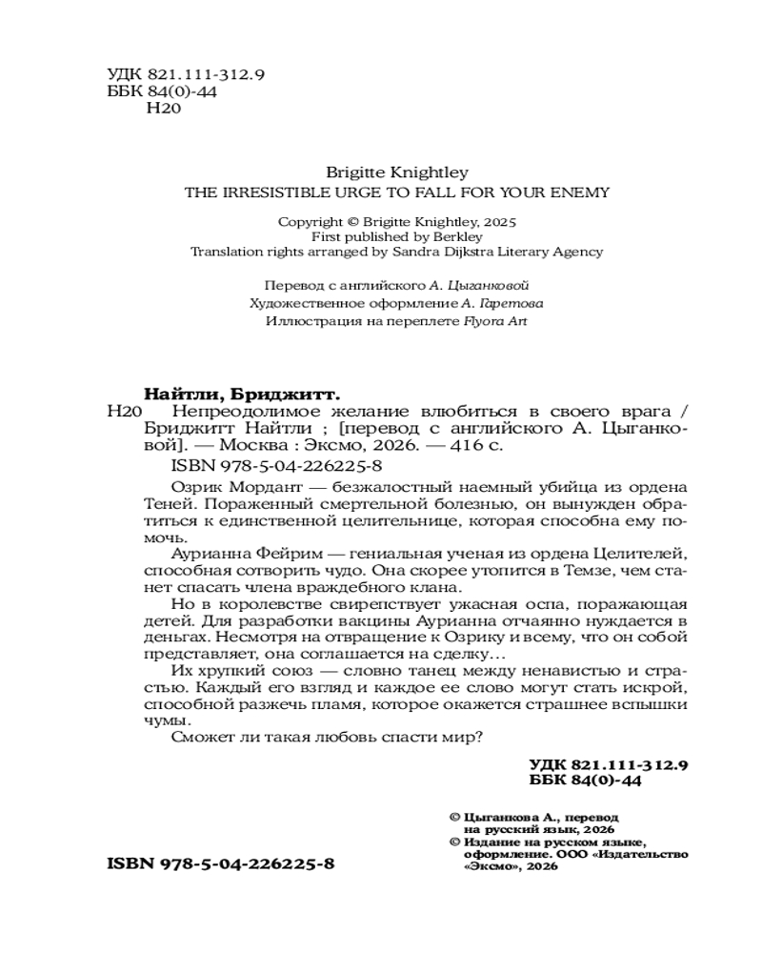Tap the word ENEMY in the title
click(584, 191)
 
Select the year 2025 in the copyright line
click(496, 220)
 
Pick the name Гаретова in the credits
click(509, 303)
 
